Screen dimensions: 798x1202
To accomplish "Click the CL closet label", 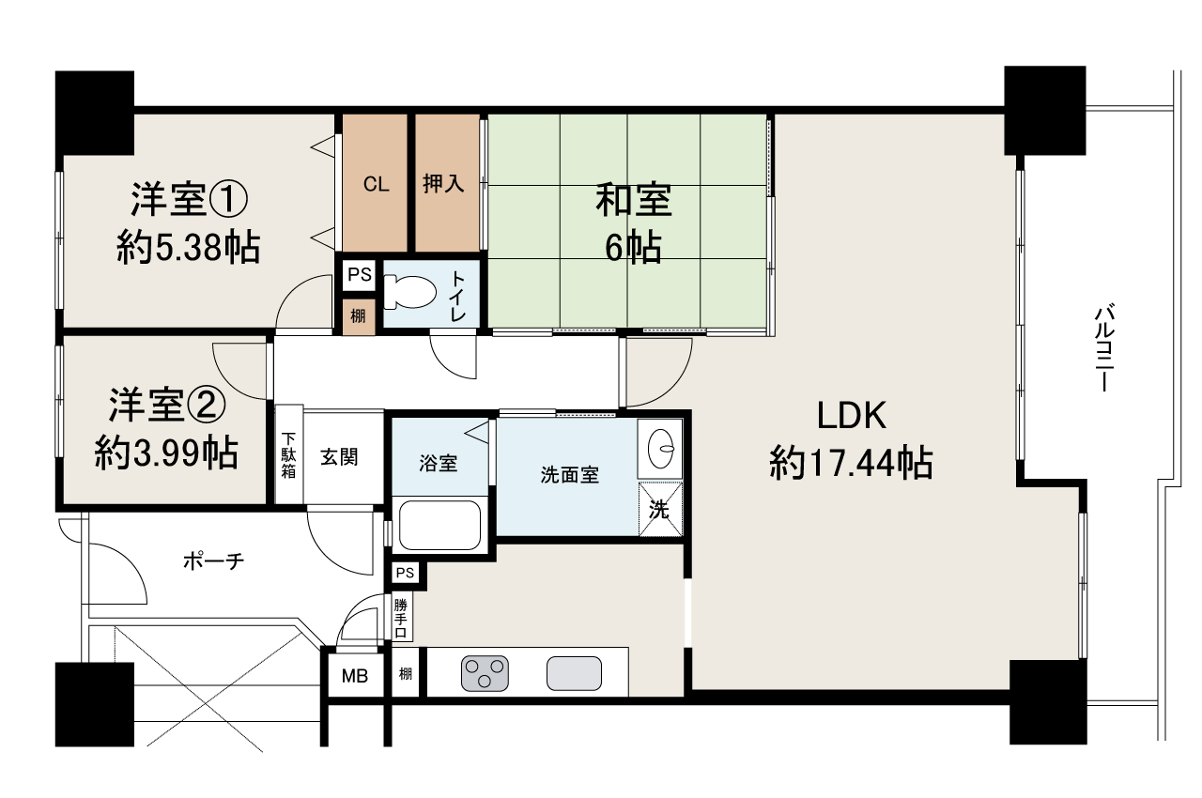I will click(376, 184).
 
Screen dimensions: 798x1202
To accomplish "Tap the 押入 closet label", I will click(443, 184).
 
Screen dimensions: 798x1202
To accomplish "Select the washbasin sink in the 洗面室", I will click(662, 449).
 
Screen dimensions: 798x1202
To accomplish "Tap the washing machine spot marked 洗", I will click(661, 510).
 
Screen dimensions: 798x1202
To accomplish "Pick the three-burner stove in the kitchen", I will click(485, 672).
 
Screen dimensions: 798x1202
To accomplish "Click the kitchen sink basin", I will click(574, 673).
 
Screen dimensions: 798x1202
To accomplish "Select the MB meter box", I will click(354, 675).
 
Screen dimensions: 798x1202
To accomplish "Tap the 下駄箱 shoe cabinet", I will click(288, 455).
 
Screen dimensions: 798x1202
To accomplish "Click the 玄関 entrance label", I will click(339, 457).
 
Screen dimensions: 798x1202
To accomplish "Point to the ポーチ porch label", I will click(213, 561).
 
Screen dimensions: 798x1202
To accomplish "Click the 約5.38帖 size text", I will click(188, 248).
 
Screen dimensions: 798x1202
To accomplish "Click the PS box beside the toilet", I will click(359, 275).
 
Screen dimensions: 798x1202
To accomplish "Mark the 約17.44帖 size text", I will click(851, 463).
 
